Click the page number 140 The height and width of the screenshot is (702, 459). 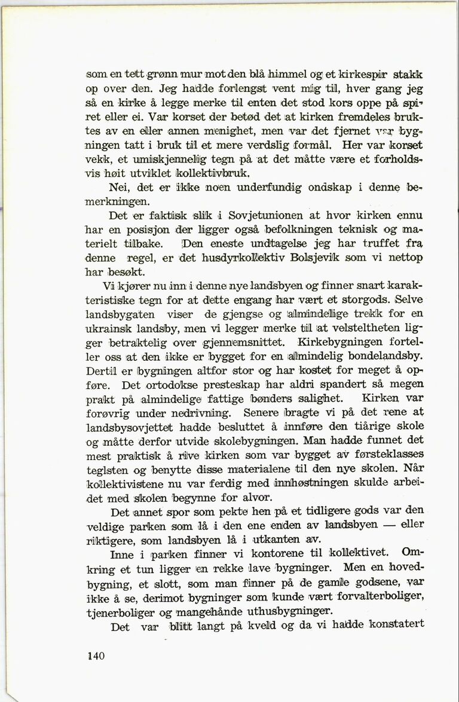tap(96, 655)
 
